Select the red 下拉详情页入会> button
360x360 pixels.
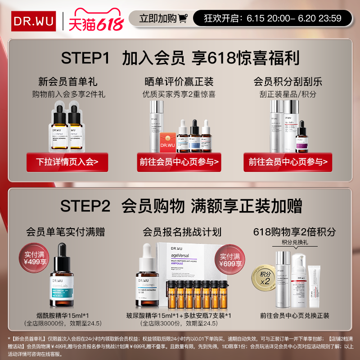tap(67, 161)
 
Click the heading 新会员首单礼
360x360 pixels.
tap(68, 82)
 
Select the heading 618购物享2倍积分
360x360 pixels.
tap(295, 232)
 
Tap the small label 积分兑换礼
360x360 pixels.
tap(295, 243)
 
